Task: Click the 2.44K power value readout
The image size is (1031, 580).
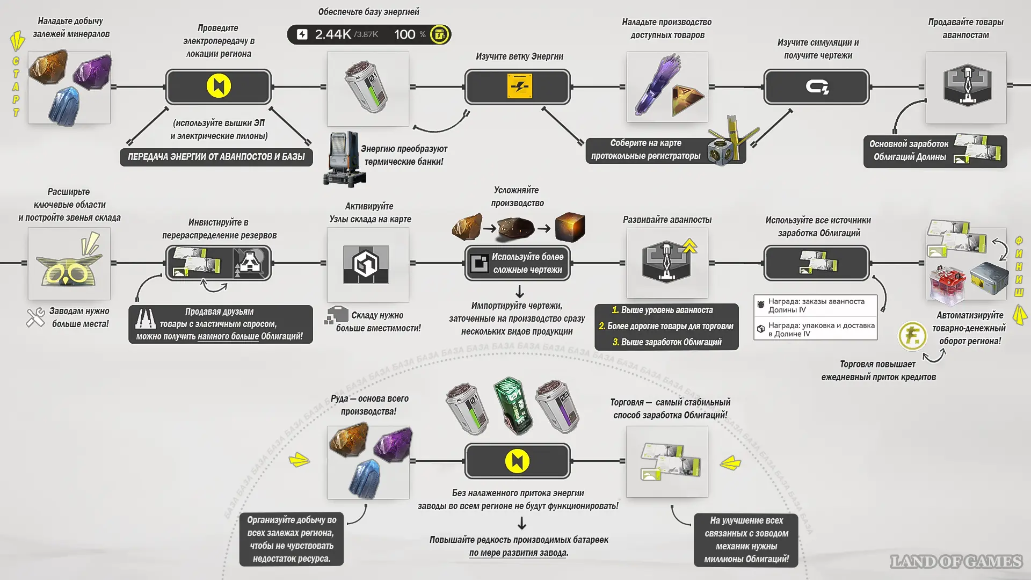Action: coord(332,34)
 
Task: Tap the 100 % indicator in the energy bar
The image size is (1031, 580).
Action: coord(410,34)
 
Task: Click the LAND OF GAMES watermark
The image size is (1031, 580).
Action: coord(956,561)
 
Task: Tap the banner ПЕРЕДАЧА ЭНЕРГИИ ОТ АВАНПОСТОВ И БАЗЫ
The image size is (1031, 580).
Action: coord(216,157)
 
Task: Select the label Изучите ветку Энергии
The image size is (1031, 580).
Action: coord(519,56)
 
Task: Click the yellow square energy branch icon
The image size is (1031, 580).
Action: coord(519,86)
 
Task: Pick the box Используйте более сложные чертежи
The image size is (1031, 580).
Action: coord(518,263)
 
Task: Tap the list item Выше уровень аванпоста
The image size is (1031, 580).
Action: coord(666,310)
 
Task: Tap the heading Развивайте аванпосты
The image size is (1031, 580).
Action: coord(667,220)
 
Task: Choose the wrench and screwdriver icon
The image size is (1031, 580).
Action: coord(35,317)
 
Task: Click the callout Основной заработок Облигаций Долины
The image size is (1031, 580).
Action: coord(909,151)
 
